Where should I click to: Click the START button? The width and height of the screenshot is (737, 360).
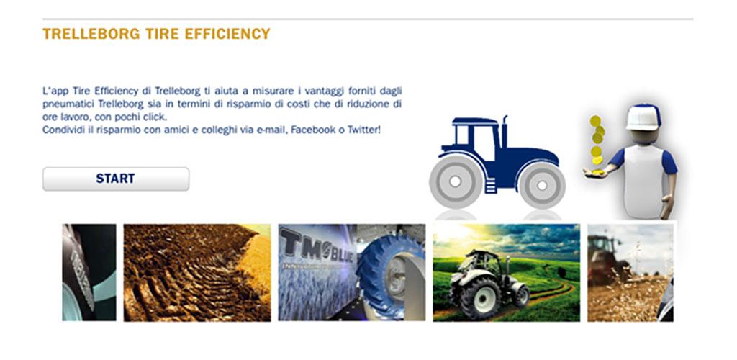[x=116, y=179]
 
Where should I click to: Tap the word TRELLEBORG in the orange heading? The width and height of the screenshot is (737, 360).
[x=91, y=34]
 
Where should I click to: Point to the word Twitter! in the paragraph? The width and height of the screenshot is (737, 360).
[x=363, y=130]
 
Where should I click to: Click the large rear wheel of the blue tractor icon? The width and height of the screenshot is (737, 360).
[x=456, y=181]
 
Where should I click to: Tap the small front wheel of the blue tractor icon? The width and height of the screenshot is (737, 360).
[x=542, y=186]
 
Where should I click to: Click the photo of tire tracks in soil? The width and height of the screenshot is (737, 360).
[x=197, y=273]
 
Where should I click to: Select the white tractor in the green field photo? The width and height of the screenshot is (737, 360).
[x=488, y=284]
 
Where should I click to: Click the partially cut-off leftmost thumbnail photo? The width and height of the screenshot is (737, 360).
[x=89, y=273]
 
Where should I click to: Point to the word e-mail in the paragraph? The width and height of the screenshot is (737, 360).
[x=271, y=130]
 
